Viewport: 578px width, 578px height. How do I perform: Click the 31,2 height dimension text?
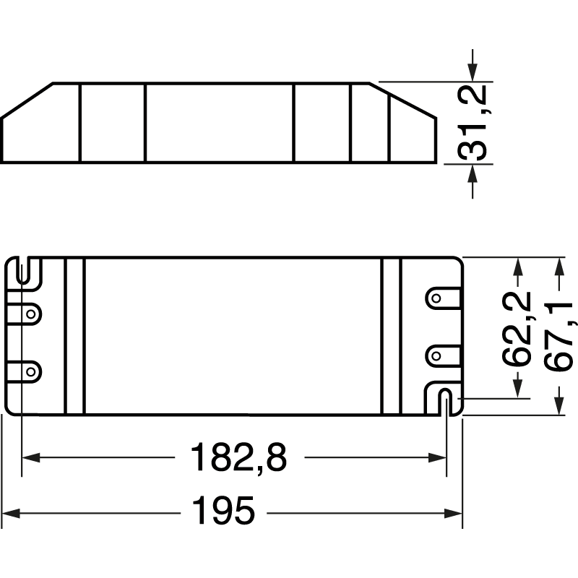click(x=473, y=122)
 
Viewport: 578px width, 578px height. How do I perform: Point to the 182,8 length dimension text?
click(x=238, y=457)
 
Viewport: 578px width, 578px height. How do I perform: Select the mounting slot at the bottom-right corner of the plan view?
click(x=446, y=401)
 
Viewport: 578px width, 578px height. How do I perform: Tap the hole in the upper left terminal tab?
click(x=30, y=314)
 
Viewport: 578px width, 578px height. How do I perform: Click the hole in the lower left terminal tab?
click(x=30, y=371)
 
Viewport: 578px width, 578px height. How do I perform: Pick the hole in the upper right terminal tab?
click(x=436, y=298)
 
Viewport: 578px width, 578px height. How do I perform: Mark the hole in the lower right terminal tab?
click(x=436, y=355)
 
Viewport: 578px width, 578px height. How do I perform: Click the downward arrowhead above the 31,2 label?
click(x=473, y=72)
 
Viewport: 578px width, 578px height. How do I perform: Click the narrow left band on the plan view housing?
click(x=75, y=336)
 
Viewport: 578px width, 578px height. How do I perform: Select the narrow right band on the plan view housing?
click(x=390, y=336)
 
